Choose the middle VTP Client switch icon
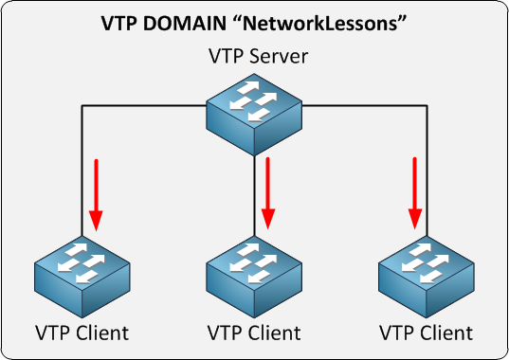[x=254, y=274]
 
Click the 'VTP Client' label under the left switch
[x=82, y=333]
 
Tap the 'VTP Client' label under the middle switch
[x=254, y=333]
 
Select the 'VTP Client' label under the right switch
[x=426, y=333]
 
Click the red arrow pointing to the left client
[x=95, y=195]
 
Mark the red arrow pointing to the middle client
[x=268, y=194]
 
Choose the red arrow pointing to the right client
[x=415, y=194]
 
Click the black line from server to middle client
[x=254, y=189]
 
